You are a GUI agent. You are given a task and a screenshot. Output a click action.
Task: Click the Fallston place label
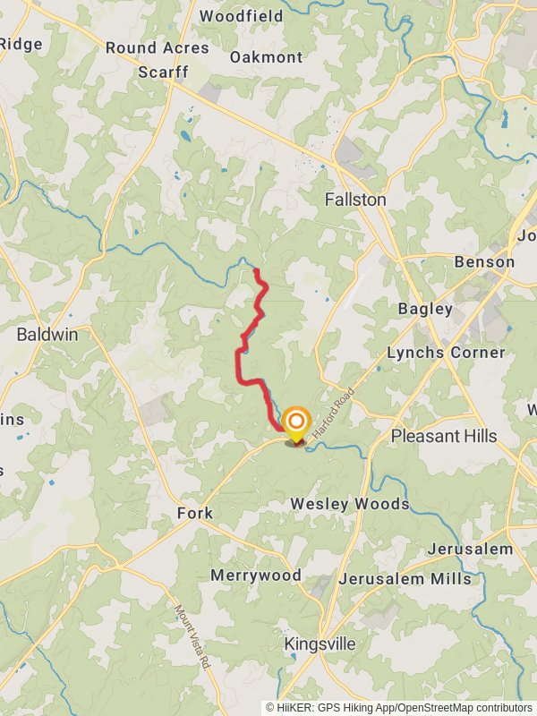(355, 200)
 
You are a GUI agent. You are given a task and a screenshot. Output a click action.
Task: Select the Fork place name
(194, 514)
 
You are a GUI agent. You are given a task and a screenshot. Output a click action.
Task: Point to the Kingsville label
(320, 644)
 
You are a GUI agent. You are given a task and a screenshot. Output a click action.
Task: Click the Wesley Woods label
(350, 504)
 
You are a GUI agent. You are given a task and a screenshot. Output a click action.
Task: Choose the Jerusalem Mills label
(405, 579)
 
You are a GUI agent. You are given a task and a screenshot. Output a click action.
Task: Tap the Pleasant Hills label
(444, 436)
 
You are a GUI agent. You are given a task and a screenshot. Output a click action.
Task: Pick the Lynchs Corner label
(446, 353)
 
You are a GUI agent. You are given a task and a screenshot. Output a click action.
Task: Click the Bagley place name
(426, 309)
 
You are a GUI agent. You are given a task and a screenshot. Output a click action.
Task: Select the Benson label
(484, 262)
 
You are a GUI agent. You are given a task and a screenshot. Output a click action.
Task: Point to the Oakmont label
(266, 56)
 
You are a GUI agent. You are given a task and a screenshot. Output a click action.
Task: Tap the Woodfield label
(241, 16)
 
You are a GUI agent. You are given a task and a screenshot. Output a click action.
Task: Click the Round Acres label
(157, 47)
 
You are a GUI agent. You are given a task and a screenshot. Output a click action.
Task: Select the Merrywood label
(256, 575)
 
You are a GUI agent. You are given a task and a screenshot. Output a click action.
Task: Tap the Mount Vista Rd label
(192, 637)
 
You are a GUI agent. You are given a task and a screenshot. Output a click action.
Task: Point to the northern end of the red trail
(257, 270)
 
